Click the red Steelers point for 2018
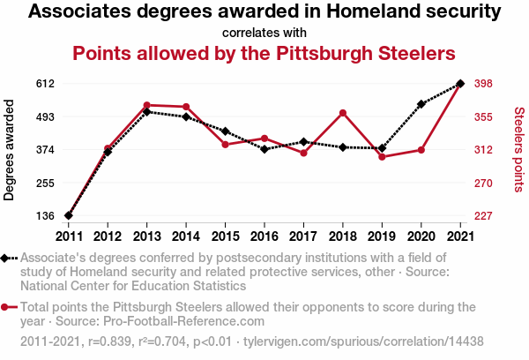click(342, 113)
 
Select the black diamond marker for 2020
click(421, 104)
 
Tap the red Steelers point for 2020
click(421, 150)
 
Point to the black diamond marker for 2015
click(225, 131)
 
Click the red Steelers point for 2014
click(186, 107)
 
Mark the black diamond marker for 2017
click(303, 142)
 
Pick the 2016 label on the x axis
click(264, 236)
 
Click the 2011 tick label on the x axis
click(69, 236)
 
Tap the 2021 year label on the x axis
click(459, 236)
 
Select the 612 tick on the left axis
click(45, 84)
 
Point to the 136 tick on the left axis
click(45, 216)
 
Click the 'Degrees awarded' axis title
click(10, 150)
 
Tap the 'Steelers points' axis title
click(518, 150)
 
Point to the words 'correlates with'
click(264, 32)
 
